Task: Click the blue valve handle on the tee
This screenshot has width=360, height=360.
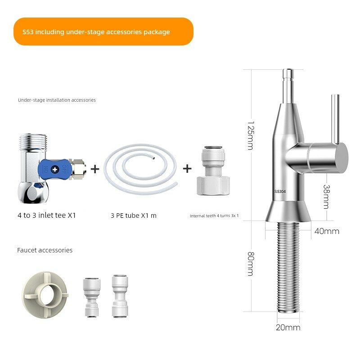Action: click(x=55, y=170)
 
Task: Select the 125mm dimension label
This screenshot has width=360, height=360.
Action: click(x=251, y=136)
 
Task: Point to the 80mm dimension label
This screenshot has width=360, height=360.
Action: click(x=251, y=264)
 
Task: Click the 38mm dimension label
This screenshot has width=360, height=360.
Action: click(x=326, y=197)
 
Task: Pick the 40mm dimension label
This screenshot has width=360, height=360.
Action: click(x=327, y=231)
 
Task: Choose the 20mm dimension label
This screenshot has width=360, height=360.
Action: click(x=288, y=328)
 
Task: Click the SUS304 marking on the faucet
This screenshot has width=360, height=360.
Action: click(x=280, y=191)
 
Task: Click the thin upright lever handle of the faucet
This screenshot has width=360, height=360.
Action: click(x=335, y=119)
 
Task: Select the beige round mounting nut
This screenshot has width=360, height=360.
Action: click(x=45, y=295)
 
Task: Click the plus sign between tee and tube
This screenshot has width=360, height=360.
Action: click(x=95, y=169)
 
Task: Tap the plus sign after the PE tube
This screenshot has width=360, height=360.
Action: click(x=187, y=168)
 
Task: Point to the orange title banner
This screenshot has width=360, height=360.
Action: click(x=103, y=31)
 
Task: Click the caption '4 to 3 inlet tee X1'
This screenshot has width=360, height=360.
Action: click(x=47, y=216)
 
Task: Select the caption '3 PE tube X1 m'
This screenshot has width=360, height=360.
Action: click(x=134, y=216)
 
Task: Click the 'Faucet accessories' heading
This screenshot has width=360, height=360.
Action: click(x=45, y=250)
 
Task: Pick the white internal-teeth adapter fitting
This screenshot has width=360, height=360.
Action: click(x=213, y=171)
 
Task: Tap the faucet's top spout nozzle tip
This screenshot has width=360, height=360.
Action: click(x=288, y=71)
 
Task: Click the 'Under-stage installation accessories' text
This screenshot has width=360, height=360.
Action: click(x=57, y=100)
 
